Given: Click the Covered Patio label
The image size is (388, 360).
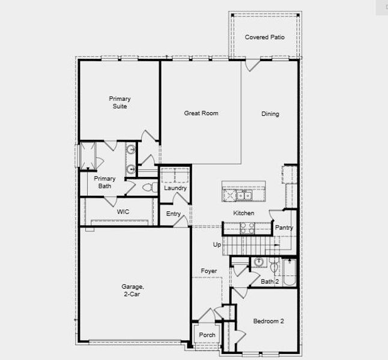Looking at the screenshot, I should [x=264, y=37].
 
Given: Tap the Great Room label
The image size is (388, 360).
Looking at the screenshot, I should [x=201, y=113].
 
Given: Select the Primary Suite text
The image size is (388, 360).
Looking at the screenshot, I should [x=120, y=103].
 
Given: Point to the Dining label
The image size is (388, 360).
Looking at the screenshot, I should [x=270, y=114].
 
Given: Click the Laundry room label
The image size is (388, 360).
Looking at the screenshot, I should [x=175, y=188].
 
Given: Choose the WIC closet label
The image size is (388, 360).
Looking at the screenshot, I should [x=123, y=212].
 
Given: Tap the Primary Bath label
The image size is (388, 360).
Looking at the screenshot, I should [x=105, y=182].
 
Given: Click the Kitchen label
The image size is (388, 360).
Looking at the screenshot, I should [x=243, y=213].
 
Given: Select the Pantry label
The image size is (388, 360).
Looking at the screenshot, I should [x=283, y=227].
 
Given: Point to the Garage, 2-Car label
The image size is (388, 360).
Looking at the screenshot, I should [x=132, y=290].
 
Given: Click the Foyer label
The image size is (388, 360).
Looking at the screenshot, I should [x=208, y=271].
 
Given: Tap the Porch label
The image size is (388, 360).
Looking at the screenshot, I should [x=207, y=335].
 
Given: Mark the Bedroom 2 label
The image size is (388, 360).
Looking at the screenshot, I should [x=268, y=321].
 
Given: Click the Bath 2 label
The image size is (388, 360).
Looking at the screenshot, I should [x=270, y=281].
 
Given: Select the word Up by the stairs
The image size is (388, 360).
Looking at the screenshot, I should [x=217, y=244].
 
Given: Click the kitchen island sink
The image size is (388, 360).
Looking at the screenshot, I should [x=243, y=195].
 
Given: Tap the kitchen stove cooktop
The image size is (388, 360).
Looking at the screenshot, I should [x=247, y=227].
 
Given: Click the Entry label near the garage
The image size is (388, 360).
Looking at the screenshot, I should [x=174, y=214].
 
